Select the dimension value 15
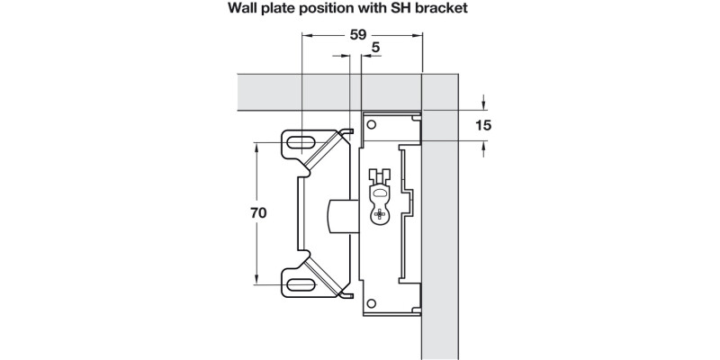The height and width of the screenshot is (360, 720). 483,125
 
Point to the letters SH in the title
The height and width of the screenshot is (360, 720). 409,11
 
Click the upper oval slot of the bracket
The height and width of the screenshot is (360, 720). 300,141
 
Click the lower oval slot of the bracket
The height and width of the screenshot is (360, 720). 300,286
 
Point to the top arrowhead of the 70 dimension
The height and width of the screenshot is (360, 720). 257,147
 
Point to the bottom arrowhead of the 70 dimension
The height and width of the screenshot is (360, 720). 257,281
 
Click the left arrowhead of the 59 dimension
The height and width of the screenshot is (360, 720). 307,35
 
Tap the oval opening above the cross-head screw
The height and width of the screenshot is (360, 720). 379,191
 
